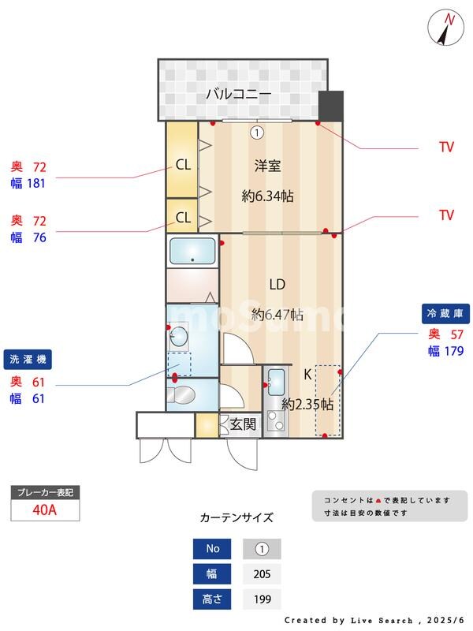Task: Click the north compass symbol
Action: pos(446,28)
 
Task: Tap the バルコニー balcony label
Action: pos(239,94)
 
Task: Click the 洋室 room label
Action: pos(267,166)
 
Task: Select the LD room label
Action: pos(277,284)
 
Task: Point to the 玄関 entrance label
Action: pos(243,424)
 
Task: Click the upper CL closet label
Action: pos(183,165)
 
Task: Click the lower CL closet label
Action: pos(183,217)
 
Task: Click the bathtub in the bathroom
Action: pos(192,252)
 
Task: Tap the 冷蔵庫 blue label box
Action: pos(446,314)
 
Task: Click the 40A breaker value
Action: pos(44,510)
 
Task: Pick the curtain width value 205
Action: pos(262,574)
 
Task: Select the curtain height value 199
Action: pos(262,599)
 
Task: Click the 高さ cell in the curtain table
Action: pos(213,599)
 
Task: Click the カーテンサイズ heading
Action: pos(236,518)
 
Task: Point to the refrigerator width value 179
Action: pos(453,351)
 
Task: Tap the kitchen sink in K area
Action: pos(277,383)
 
